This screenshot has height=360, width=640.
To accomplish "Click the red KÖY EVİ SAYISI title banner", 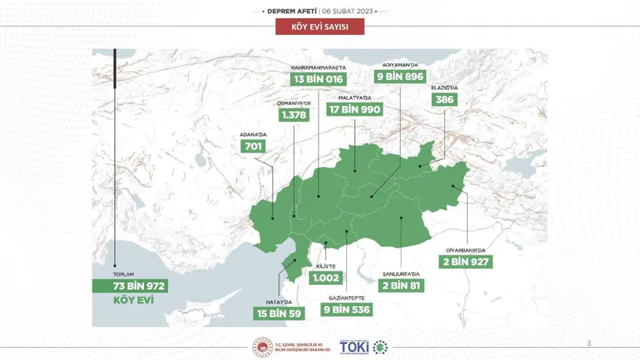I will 319,28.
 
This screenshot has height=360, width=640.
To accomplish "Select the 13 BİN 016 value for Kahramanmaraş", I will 319,79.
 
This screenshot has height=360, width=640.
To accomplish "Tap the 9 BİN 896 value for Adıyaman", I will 400,76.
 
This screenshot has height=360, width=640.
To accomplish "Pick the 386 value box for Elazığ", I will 444,100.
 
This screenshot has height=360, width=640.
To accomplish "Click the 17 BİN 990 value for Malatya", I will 355,110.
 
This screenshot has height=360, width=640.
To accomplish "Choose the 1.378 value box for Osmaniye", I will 294,116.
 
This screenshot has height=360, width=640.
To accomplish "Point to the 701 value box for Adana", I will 253,146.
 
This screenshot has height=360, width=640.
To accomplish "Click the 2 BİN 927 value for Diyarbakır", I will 466,262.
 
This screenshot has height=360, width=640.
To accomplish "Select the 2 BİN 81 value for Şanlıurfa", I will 403,286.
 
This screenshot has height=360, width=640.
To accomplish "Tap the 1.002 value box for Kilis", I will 326,278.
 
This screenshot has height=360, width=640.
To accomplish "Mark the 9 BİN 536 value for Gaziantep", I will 347,310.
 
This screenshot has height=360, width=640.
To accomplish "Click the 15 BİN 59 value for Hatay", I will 276,313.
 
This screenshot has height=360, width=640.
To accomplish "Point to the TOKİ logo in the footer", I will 354,347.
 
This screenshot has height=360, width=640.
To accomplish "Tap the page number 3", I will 589,343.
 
